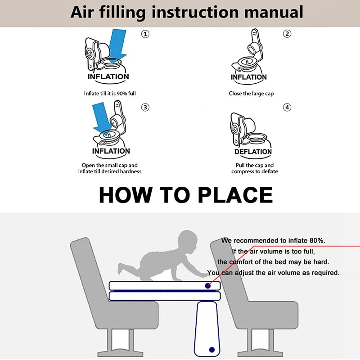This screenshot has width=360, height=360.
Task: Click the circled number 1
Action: coord(145,34)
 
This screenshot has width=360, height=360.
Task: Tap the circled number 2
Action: coord(287,34)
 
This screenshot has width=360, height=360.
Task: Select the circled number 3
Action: coord(145,107)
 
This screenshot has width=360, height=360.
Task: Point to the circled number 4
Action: coord(287,107)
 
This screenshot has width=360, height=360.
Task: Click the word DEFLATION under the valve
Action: coord(253,152)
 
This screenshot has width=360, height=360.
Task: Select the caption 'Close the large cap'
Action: coord(251,94)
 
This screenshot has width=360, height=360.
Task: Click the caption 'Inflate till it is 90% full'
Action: coord(110,94)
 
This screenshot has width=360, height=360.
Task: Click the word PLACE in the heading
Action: coord(235,195)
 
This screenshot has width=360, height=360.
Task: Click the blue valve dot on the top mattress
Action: coord(208,286)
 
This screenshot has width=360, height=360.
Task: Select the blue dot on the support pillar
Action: coord(211,350)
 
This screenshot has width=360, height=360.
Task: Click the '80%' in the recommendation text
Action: coord(317,241)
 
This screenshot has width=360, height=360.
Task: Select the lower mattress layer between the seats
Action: coord(165,296)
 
